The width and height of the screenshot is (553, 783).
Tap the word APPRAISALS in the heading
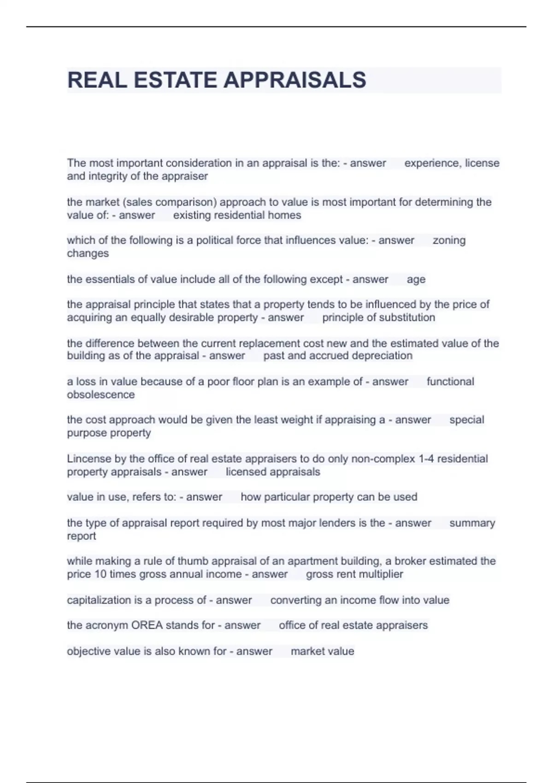tap(295, 80)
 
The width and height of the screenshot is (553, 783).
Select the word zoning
tap(449, 240)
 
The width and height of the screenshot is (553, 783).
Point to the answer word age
tap(416, 280)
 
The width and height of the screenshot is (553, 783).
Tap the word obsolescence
tap(100, 395)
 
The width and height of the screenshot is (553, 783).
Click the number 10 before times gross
tap(100, 574)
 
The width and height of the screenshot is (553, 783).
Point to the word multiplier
tap(381, 574)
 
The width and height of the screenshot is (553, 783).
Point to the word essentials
tap(109, 280)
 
